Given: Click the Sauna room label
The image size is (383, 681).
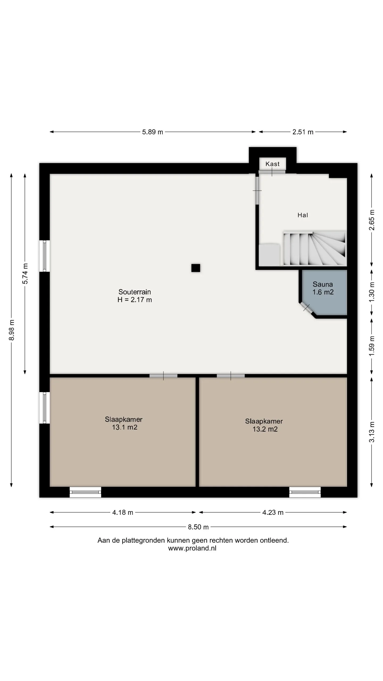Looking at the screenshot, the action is pyautogui.click(x=323, y=284).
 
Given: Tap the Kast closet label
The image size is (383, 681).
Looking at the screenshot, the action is pyautogui.click(x=273, y=164).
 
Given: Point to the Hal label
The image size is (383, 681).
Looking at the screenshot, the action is pyautogui.click(x=303, y=215).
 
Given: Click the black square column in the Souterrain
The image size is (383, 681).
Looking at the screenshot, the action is pyautogui.click(x=196, y=268).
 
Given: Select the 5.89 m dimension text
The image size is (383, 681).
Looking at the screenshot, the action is pyautogui.click(x=152, y=132).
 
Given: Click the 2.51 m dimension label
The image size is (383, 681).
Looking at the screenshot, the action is pyautogui.click(x=303, y=132).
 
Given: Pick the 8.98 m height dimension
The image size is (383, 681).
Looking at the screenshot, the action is pyautogui.click(x=12, y=330).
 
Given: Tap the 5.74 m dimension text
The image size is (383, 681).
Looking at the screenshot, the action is pyautogui.click(x=25, y=274).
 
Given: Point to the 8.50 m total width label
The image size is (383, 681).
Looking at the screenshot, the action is pyautogui.click(x=198, y=527).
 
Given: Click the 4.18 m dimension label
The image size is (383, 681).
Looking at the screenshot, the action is pyautogui.click(x=123, y=512).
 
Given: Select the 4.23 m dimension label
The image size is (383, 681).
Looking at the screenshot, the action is pyautogui.click(x=273, y=512).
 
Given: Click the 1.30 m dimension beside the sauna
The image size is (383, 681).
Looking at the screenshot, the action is pyautogui.click(x=372, y=292).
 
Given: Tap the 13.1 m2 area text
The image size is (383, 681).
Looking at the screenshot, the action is pyautogui.click(x=124, y=427).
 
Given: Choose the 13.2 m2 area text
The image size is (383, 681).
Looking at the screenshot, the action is pyautogui.click(x=265, y=429).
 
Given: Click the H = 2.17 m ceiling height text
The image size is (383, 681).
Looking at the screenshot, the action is pyautogui.click(x=135, y=300).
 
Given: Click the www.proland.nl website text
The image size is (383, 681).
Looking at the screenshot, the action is pyautogui.click(x=192, y=548).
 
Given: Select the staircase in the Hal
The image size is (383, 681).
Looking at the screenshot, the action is pyautogui.click(x=315, y=248).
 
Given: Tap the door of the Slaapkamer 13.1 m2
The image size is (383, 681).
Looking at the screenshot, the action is pyautogui.click(x=163, y=376).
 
